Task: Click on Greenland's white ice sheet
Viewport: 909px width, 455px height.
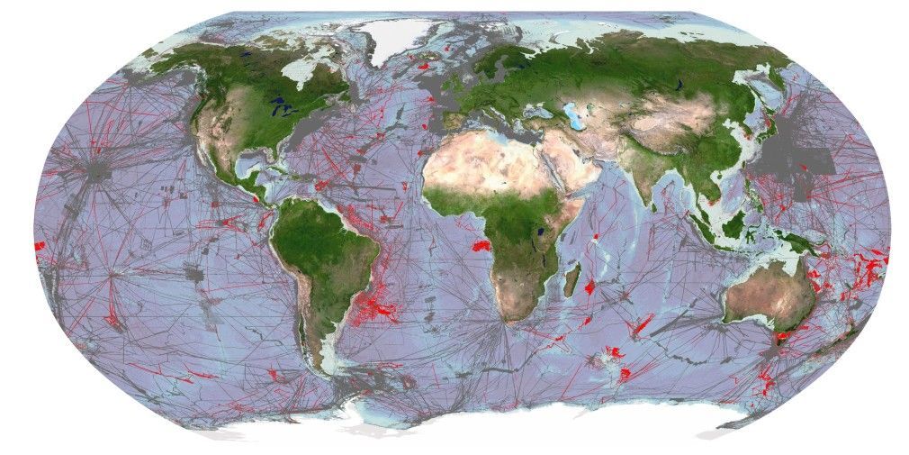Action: (x=396, y=36)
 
